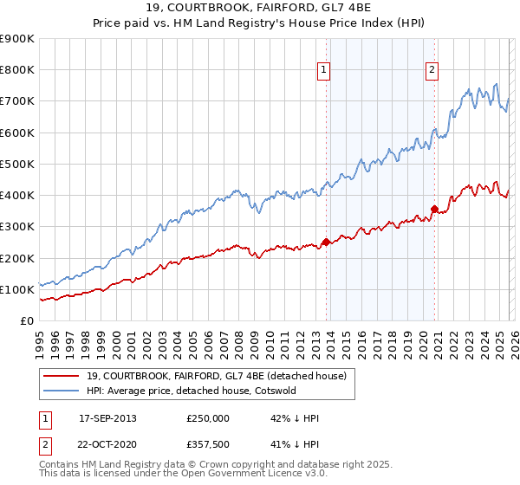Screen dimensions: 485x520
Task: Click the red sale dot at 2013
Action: pyautogui.click(x=326, y=242)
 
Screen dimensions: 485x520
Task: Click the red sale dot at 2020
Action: pyautogui.click(x=434, y=209)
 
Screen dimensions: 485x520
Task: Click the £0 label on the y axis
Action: pyautogui.click(x=26, y=321)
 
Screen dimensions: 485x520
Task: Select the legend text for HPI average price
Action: pyautogui.click(x=205, y=391)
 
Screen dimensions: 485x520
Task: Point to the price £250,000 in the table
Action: pyautogui.click(x=208, y=418)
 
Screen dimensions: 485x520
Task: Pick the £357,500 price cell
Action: pyautogui.click(x=208, y=444)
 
